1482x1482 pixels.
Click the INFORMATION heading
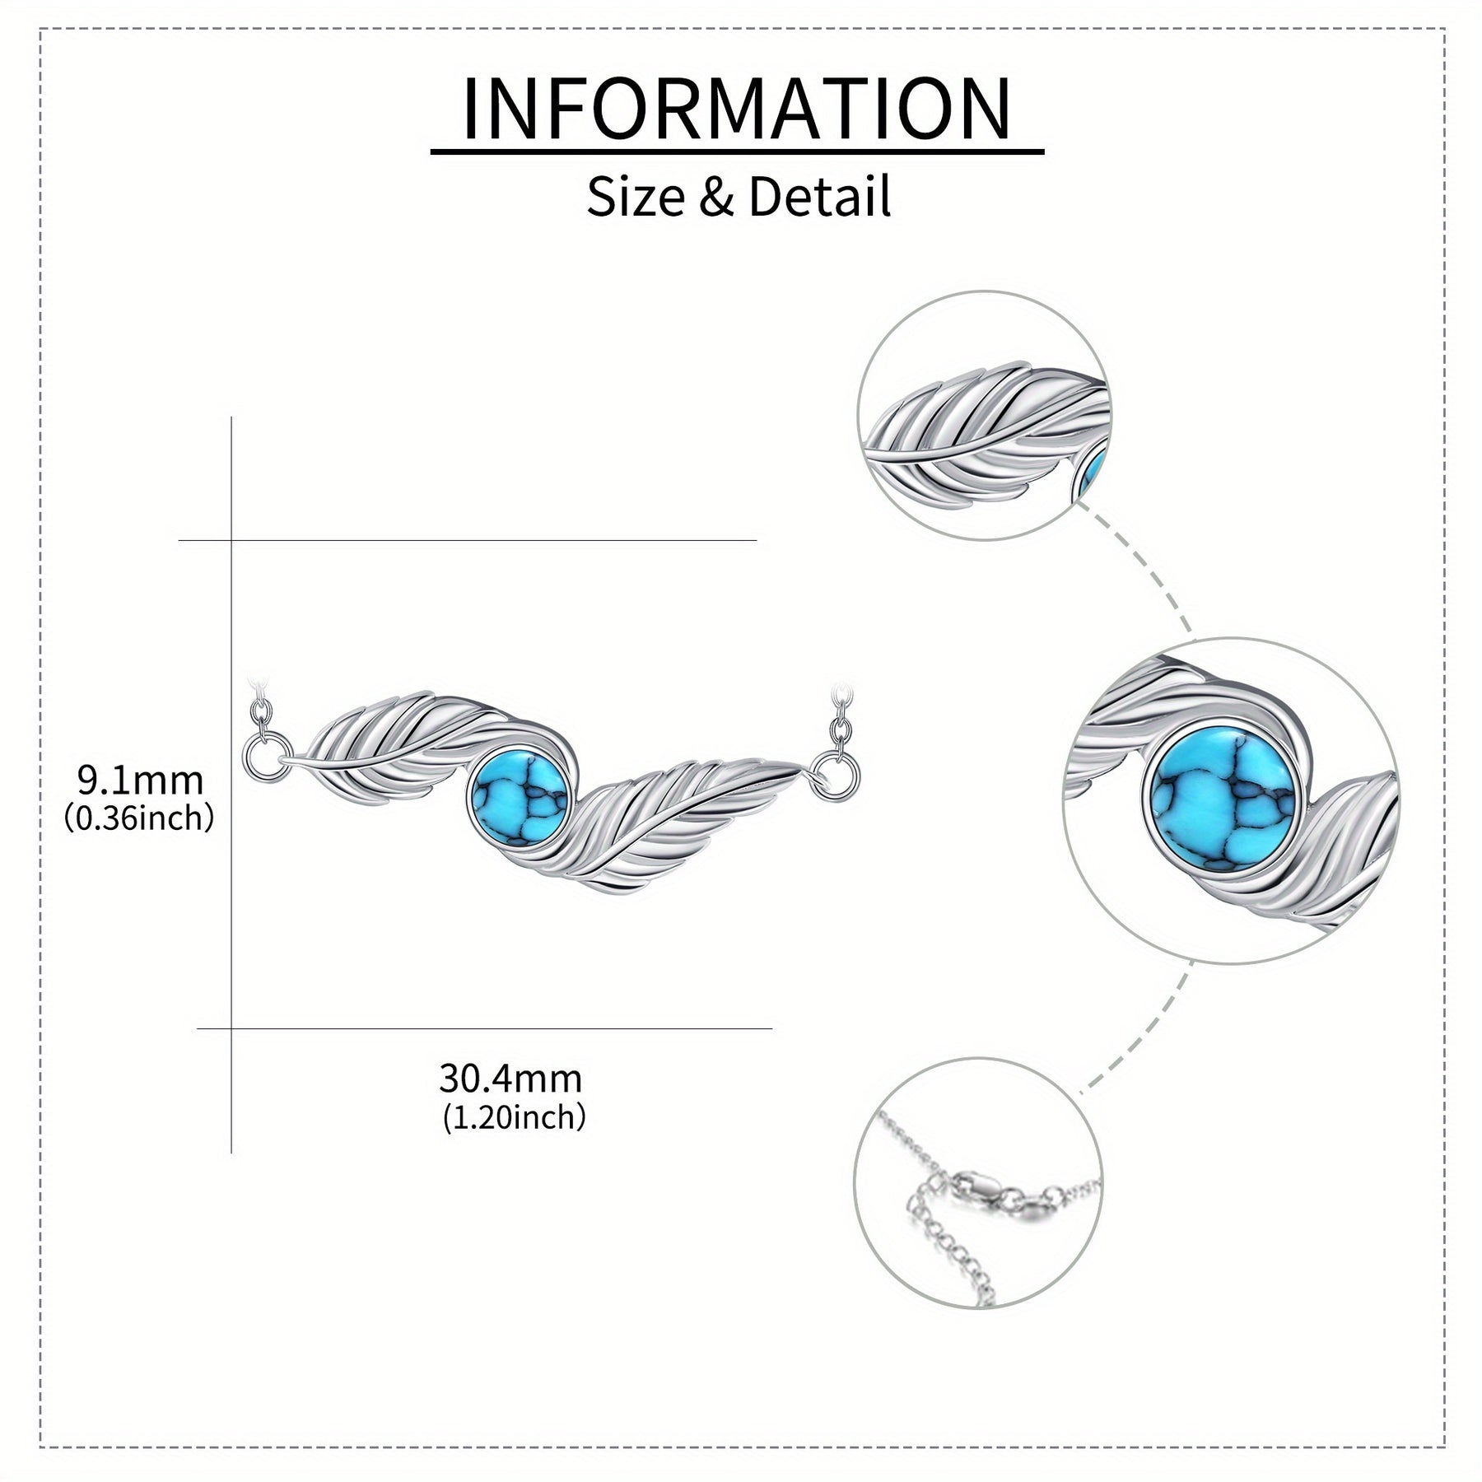pos(737,110)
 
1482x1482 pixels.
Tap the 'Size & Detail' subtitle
pos(739,197)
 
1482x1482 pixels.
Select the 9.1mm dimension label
pos(140,779)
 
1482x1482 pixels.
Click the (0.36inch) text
pos(139,818)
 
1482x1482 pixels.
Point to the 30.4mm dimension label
pos(510,1078)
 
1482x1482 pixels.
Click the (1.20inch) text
pos(515,1117)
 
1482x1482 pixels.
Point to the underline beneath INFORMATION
pos(738,151)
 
